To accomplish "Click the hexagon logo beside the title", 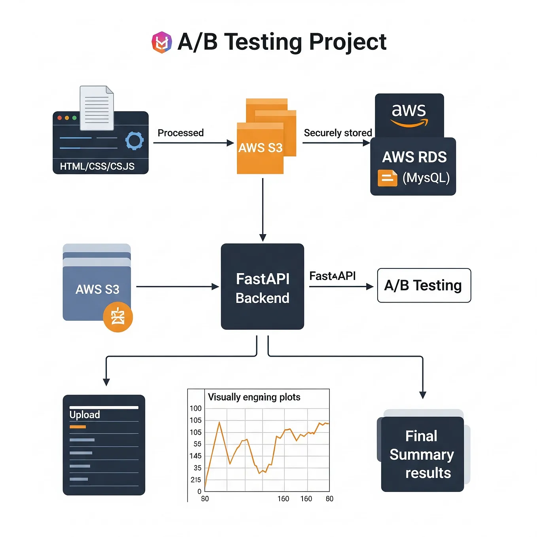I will [x=162, y=42].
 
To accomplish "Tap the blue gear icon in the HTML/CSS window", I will [x=134, y=141].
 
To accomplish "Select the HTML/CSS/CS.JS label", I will [x=97, y=166].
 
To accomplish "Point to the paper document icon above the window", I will [x=97, y=108].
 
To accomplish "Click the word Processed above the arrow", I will [x=181, y=133].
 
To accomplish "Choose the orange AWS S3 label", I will [x=260, y=148].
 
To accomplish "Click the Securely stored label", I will [x=338, y=133].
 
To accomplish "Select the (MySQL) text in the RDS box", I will [x=426, y=178].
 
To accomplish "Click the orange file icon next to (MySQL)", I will [x=387, y=178].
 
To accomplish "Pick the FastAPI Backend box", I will [x=263, y=287].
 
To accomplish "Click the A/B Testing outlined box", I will [x=424, y=286].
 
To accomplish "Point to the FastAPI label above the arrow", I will [x=332, y=276].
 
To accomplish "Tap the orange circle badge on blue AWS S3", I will [x=118, y=317].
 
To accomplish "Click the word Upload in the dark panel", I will [x=85, y=415].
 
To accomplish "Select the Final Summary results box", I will [x=422, y=454].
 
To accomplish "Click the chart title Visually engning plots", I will [x=254, y=397].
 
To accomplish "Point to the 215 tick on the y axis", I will [x=196, y=480].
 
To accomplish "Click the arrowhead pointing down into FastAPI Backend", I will [x=263, y=238].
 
